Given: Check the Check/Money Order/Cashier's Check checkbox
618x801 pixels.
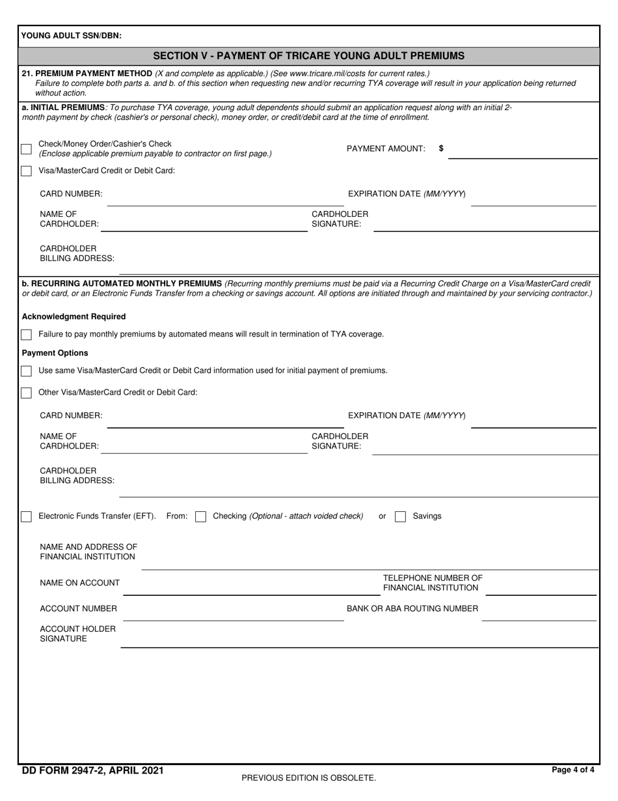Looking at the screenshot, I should (x=26, y=149).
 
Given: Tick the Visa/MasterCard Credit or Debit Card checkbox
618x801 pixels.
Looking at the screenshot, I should (x=26, y=171).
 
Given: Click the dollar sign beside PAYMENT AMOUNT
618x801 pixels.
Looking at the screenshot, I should (x=441, y=148).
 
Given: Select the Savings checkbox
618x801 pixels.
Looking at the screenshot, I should (x=401, y=516).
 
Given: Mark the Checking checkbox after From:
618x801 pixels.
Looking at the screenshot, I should (x=201, y=516).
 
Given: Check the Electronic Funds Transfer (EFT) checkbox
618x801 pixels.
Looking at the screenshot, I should (x=26, y=516).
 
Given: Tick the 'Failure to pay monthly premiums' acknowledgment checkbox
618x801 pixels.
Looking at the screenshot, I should (x=26, y=335).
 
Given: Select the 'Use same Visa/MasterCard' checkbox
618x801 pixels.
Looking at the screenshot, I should (x=26, y=371).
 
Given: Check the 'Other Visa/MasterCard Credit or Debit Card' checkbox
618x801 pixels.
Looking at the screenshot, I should (x=26, y=393).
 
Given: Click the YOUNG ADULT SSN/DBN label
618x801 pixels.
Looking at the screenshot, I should (x=72, y=36).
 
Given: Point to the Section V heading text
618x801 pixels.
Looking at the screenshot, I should (x=309, y=56).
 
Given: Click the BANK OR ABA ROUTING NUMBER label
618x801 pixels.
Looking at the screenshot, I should (x=412, y=609).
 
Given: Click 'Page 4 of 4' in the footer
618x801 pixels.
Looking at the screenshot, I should (x=572, y=770).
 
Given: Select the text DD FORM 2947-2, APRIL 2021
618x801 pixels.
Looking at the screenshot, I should (x=92, y=770).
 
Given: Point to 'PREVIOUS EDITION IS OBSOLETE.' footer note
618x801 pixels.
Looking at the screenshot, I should (x=308, y=778).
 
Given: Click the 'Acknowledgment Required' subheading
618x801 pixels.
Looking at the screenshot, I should (x=74, y=316).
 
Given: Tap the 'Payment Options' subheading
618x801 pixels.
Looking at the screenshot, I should (x=55, y=353).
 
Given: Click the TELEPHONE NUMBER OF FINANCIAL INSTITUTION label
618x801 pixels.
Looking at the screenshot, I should (x=433, y=583).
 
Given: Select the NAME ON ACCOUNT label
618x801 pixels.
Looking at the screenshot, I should (x=79, y=583).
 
